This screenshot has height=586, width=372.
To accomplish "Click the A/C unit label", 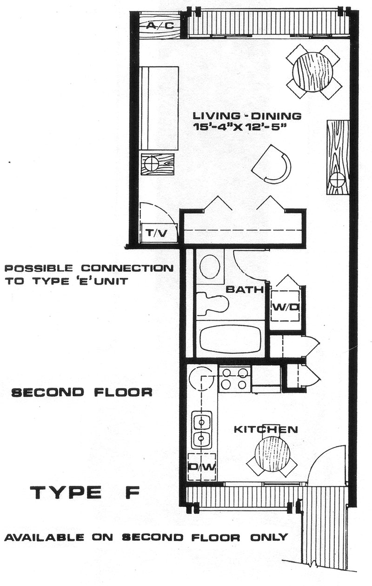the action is tap(160, 25).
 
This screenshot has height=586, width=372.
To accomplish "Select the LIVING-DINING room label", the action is tap(247, 116).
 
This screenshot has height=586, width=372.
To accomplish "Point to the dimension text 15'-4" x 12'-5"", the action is tap(238, 128).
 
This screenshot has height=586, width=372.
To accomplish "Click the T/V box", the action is tap(159, 233).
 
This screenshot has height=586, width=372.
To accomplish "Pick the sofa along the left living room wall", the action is tap(159, 108).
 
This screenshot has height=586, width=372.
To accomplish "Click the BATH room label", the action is tap(244, 289).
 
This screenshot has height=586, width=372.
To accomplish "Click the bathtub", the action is tap(231, 339).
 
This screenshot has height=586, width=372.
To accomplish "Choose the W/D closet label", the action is tap(286, 307).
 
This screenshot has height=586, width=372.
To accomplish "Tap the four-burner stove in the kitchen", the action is tap(235, 379).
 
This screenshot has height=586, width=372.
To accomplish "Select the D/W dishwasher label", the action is tap(202, 467).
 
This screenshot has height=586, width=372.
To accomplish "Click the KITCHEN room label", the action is tap(266, 429).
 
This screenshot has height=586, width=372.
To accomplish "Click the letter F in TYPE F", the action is tap(132, 492).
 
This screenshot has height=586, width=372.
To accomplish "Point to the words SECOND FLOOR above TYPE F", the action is tap(82, 393).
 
